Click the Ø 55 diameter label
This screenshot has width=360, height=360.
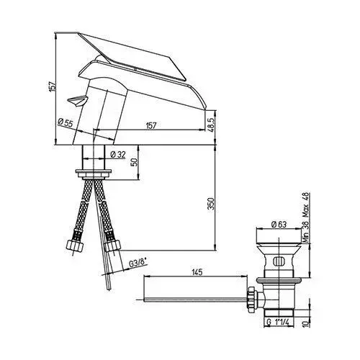(65, 123)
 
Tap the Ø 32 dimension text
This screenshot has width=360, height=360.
(118, 155)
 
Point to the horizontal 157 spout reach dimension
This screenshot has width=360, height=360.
(151, 125)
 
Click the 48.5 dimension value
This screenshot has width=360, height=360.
(211, 125)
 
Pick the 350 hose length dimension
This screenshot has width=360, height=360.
(211, 204)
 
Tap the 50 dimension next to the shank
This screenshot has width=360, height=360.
(135, 162)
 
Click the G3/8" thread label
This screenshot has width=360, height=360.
(138, 264)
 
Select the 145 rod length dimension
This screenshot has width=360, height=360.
(197, 272)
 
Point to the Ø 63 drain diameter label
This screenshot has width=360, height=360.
(279, 225)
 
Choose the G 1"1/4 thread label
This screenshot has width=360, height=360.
(279, 323)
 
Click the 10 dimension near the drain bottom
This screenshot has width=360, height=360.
(305, 323)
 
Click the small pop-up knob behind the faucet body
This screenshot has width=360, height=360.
(77, 100)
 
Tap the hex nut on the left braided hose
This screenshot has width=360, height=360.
(75, 246)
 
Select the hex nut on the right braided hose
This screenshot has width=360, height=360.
(112, 246)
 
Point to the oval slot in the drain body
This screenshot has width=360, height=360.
(279, 261)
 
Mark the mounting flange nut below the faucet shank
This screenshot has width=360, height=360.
(94, 174)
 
